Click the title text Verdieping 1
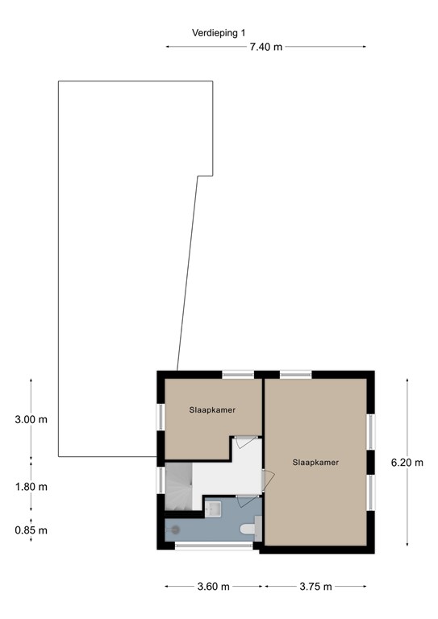pyautogui.click(x=217, y=33)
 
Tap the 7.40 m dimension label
pyautogui.click(x=265, y=47)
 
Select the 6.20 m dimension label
pyautogui.click(x=407, y=463)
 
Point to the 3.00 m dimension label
pyautogui.click(x=31, y=420)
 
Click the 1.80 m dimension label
pyautogui.click(x=31, y=487)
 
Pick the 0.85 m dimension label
pyautogui.click(x=31, y=530)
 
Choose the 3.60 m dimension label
pyautogui.click(x=214, y=587)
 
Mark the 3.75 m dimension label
pyautogui.click(x=315, y=587)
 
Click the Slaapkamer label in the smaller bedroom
pyautogui.click(x=212, y=410)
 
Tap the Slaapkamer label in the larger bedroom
pyautogui.click(x=315, y=463)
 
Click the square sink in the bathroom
pyautogui.click(x=214, y=509)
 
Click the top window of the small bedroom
pyautogui.click(x=238, y=374)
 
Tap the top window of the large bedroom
pyautogui.click(x=295, y=374)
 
